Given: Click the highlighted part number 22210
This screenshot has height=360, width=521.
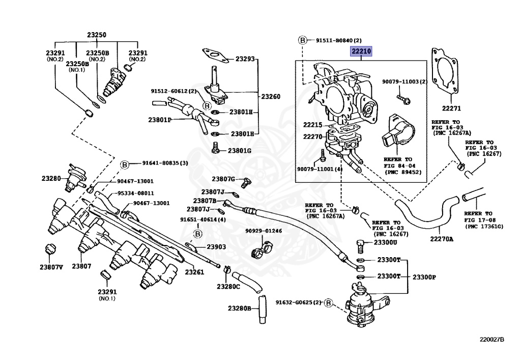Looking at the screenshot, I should (x=361, y=51).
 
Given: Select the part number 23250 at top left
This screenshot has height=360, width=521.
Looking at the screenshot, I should (x=96, y=35).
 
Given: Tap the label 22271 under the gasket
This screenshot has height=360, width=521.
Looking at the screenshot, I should (x=451, y=108).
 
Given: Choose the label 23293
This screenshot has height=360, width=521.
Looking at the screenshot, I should (x=245, y=59).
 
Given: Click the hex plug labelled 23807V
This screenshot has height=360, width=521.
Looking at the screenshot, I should (x=50, y=249).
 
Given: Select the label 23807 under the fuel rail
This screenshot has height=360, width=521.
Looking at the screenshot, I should (x=81, y=266).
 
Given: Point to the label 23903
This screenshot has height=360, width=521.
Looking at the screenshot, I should (x=216, y=247).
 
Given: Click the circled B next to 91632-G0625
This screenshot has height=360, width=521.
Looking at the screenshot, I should (x=329, y=303).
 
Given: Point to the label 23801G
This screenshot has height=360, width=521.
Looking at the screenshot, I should (x=239, y=150).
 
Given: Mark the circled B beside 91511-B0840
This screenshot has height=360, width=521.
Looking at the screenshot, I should (x=302, y=40).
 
